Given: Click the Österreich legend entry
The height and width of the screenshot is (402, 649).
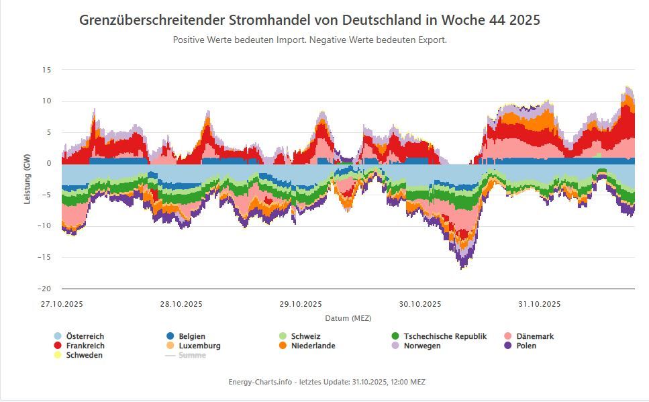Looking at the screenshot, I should [x=85, y=336].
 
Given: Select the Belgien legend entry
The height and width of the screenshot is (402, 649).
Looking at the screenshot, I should [x=192, y=336].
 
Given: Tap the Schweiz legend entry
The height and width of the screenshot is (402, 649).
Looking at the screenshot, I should [x=305, y=336].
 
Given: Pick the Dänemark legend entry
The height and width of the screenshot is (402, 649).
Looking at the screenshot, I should [x=535, y=336].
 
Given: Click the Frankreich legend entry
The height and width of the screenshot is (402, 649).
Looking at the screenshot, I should [x=85, y=346].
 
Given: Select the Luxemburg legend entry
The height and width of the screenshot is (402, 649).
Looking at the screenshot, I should [x=199, y=346].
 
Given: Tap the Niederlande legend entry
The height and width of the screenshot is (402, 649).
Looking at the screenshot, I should [x=313, y=346].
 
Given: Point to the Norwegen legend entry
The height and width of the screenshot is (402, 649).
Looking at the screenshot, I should [x=422, y=346].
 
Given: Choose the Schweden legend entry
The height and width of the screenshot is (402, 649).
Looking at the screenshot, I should [x=84, y=355].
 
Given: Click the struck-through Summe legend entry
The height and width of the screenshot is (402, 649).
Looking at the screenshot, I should [x=192, y=355].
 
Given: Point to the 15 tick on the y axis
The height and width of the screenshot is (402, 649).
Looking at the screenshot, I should [x=46, y=70].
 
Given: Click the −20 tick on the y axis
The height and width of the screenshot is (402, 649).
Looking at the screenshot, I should [x=45, y=289].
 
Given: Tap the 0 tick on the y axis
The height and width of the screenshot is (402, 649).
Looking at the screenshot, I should [x=49, y=164].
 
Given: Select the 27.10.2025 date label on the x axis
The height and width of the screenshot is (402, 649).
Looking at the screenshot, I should [x=62, y=304].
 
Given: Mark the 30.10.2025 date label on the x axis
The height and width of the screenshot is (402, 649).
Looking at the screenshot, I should [x=420, y=304].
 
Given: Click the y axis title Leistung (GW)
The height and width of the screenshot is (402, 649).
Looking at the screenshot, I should [x=27, y=179].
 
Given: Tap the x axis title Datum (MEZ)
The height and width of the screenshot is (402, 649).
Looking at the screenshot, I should [x=348, y=318].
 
